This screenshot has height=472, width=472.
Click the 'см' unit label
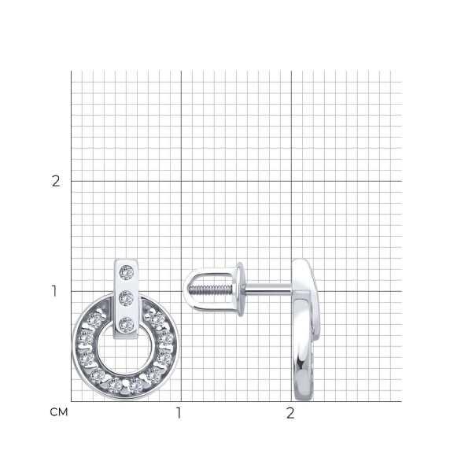pos(59,412)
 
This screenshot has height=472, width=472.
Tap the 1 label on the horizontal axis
pos(179,413)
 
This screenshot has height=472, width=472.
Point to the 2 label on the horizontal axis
pos(289,413)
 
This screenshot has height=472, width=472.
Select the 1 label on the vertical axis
pos(54,291)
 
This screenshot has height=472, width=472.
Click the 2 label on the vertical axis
pos(56,181)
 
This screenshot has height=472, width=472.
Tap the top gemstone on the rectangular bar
pos(127,273)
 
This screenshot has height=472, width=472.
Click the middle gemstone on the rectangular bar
pos(126,298)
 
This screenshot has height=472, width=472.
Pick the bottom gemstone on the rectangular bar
pos(126,325)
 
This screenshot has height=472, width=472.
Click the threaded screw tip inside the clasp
pos(210,289)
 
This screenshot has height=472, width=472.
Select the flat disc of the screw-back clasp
pos(240,289)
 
